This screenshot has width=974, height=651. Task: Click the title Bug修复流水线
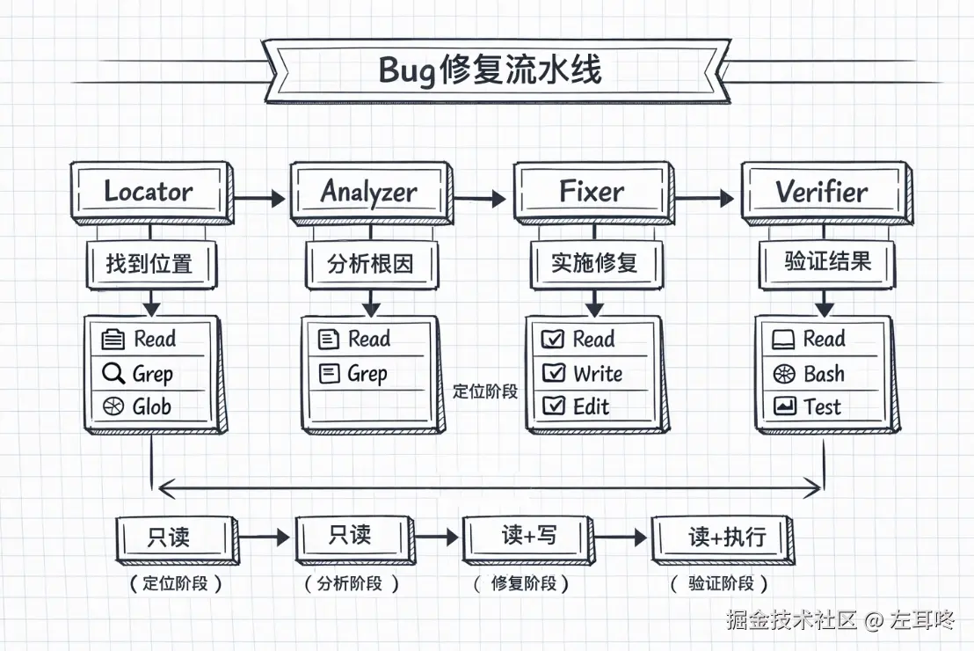click(490, 69)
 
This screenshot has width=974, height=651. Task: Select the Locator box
click(149, 191)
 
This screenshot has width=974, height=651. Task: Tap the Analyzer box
click(369, 192)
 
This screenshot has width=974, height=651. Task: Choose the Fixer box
click(592, 191)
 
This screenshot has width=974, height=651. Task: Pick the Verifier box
click(821, 191)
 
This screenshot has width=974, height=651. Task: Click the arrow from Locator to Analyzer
click(261, 199)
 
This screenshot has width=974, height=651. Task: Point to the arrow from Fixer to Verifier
click(705, 199)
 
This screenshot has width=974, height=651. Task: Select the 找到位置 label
click(149, 263)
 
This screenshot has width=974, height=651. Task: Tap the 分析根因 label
click(370, 263)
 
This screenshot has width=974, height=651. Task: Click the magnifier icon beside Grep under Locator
click(113, 374)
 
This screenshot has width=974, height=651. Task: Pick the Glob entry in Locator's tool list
click(151, 407)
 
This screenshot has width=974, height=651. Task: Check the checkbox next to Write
click(554, 374)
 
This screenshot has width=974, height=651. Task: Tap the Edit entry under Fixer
click(591, 406)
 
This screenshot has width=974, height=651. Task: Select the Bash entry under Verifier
click(824, 374)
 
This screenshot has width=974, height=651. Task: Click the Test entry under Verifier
click(822, 406)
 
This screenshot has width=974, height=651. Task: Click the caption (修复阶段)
click(521, 583)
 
